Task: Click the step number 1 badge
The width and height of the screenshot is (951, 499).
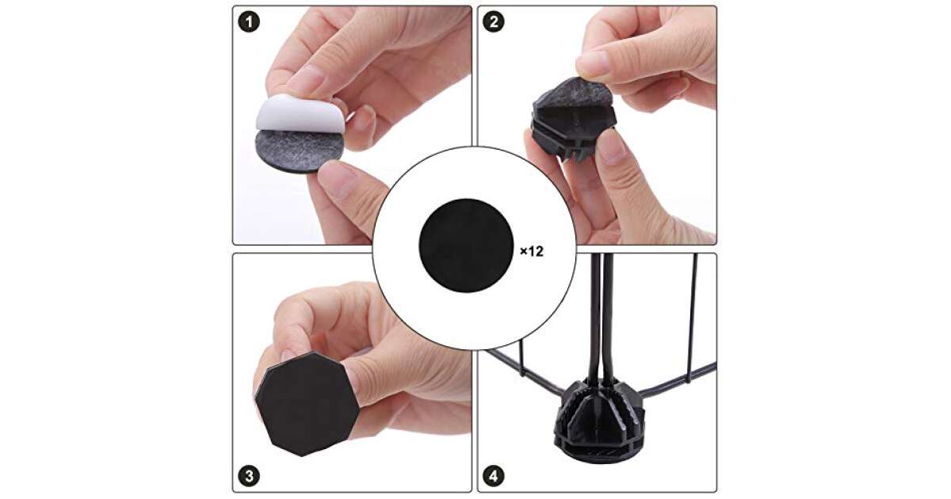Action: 249,21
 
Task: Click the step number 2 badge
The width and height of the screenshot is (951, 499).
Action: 494,21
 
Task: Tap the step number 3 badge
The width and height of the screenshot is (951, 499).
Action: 249,476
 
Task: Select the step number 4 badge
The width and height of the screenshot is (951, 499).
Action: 494,476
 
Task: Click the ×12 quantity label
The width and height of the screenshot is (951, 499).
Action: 532,251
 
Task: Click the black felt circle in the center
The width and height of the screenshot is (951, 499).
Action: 466,246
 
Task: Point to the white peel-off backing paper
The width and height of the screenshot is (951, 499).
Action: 300,114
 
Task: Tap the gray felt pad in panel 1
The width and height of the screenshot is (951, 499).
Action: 299,150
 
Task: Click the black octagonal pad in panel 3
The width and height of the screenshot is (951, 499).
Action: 307,404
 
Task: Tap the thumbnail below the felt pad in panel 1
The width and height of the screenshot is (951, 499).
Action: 336,179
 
